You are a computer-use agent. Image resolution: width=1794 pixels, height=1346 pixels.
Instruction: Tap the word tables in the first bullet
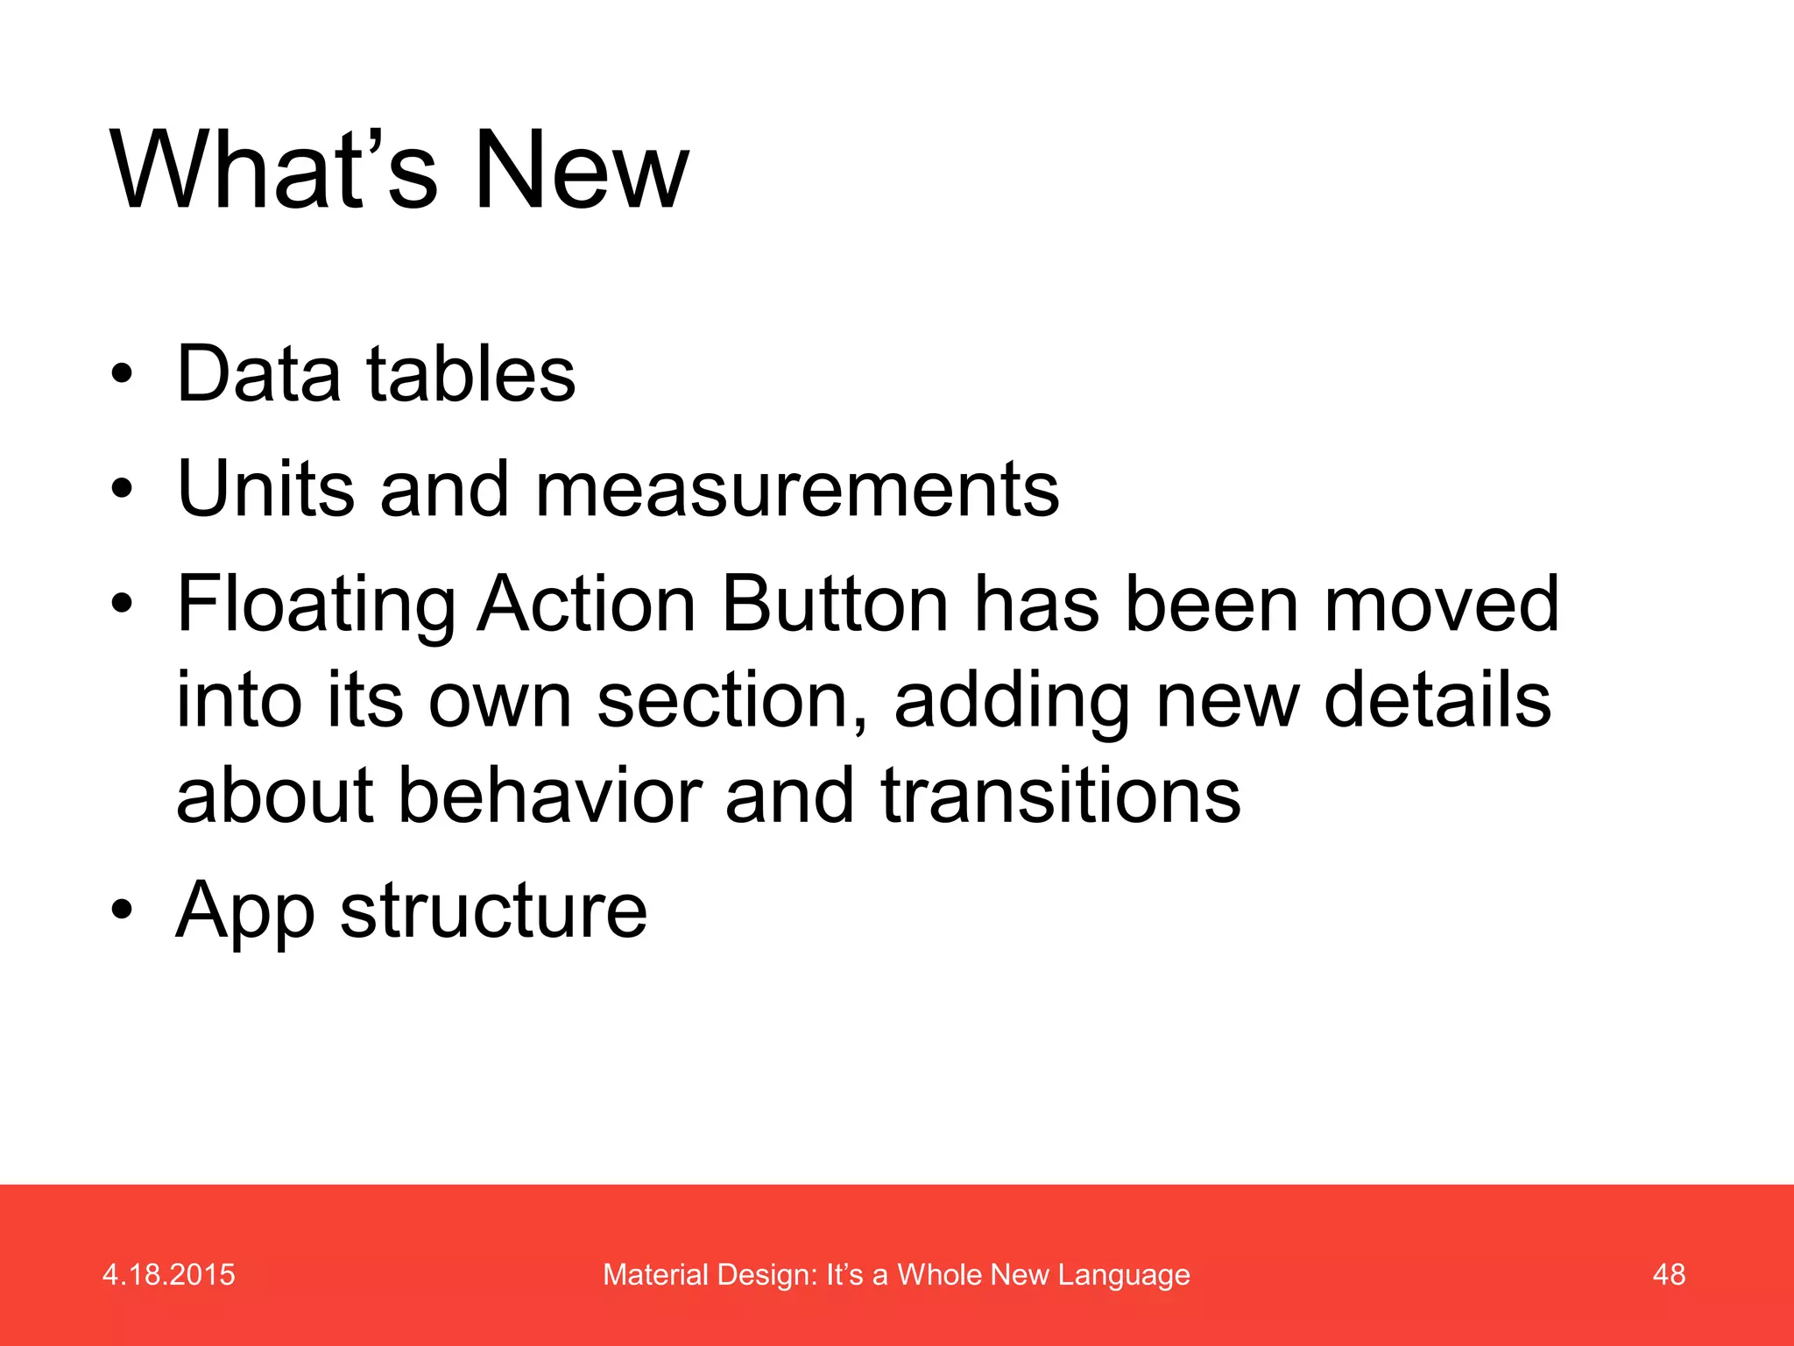(470, 374)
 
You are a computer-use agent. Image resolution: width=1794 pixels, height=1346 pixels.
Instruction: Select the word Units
(265, 488)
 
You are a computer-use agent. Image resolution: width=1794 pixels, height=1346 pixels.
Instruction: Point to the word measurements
(797, 490)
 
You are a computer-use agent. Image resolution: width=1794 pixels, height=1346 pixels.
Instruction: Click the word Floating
(315, 605)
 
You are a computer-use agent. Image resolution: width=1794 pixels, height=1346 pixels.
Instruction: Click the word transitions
(1060, 796)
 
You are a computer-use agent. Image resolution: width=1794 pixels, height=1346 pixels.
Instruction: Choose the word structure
(493, 911)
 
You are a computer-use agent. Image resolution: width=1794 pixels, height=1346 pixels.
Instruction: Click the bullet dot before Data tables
(122, 375)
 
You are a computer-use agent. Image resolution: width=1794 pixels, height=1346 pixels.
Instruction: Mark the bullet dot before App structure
(122, 910)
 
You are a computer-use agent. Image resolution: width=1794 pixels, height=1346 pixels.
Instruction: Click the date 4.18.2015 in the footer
(168, 1274)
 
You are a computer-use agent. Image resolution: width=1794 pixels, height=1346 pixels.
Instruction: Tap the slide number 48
(1668, 1274)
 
